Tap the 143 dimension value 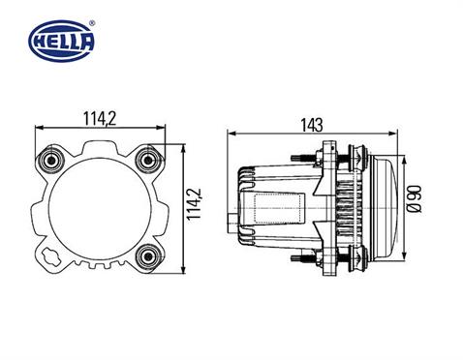tap(311, 124)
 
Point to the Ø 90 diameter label tap(414, 199)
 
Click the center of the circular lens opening tap(98, 206)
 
